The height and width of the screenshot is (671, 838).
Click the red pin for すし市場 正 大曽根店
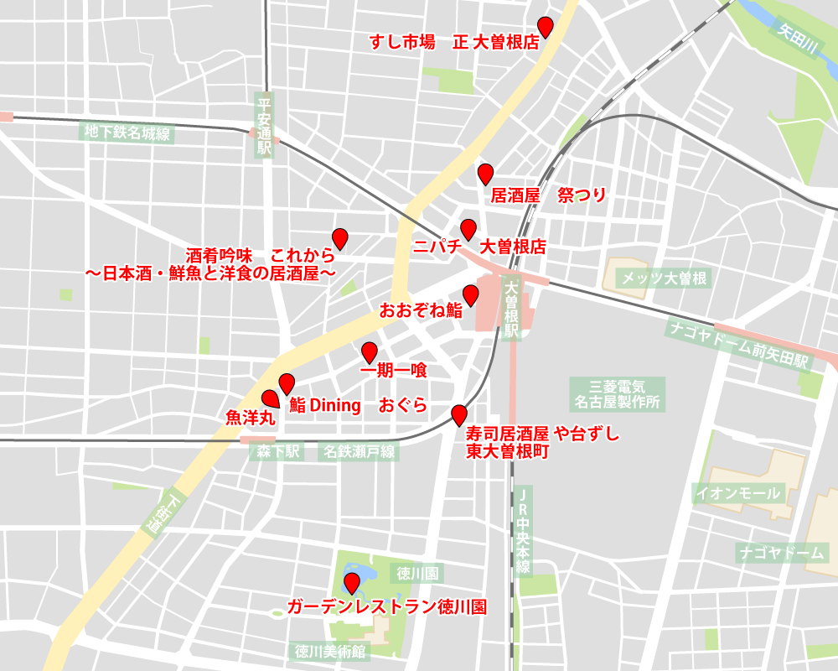pos(546,26)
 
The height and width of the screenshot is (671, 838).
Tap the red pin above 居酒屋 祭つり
pos(484,174)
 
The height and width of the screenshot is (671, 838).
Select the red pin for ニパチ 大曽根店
pos(468,229)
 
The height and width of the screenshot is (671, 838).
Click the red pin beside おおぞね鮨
pos(470,294)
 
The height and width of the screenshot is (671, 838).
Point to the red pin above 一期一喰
pos(369,352)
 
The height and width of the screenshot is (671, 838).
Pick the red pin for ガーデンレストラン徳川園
pos(352,582)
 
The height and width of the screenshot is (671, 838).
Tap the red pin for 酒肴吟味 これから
pos(339,238)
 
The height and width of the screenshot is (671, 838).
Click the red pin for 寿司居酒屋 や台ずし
pos(458,414)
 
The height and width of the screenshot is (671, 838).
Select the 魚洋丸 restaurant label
pos(250,416)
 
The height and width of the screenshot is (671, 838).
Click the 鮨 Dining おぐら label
pos(359,406)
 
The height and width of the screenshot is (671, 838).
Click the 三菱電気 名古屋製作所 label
pos(617,393)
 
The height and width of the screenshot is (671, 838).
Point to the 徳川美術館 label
pos(331,651)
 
